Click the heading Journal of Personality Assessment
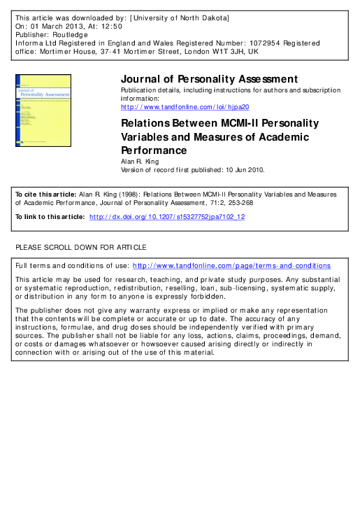(210, 79)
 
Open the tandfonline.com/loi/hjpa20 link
(185, 107)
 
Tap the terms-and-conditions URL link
(231, 266)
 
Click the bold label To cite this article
(44, 193)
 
